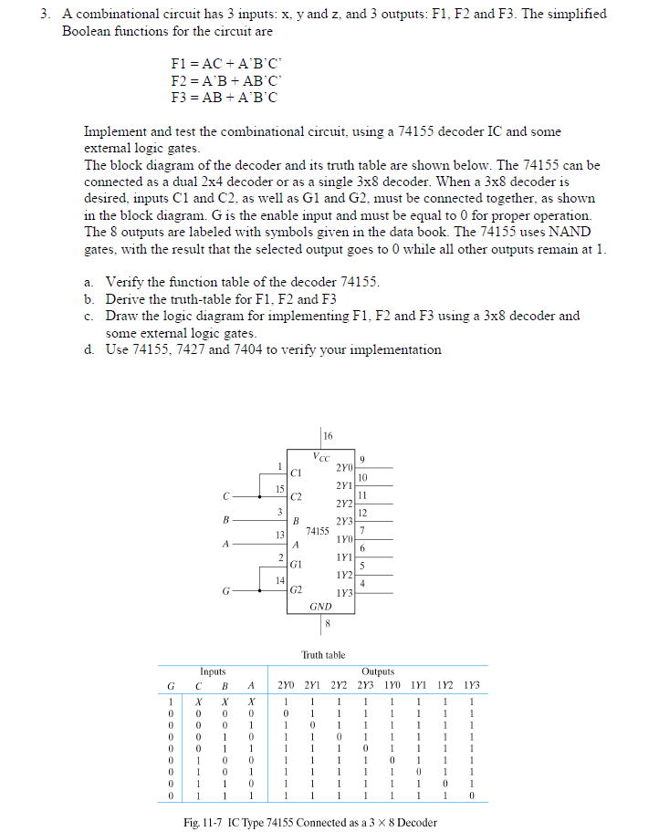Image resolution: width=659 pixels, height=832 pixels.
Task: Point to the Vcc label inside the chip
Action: [321, 455]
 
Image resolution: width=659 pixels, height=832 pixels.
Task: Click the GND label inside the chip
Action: [320, 606]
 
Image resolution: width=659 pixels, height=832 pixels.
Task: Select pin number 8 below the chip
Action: [327, 624]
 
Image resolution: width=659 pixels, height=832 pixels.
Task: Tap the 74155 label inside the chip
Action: [318, 530]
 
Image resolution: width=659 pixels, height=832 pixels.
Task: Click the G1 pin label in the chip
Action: [295, 566]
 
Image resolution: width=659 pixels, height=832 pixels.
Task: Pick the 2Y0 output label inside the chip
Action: [344, 467]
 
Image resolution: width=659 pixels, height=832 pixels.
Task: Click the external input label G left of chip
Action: [225, 591]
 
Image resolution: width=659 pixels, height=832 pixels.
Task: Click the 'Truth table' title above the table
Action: [323, 655]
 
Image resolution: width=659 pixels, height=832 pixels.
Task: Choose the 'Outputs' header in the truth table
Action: [377, 671]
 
